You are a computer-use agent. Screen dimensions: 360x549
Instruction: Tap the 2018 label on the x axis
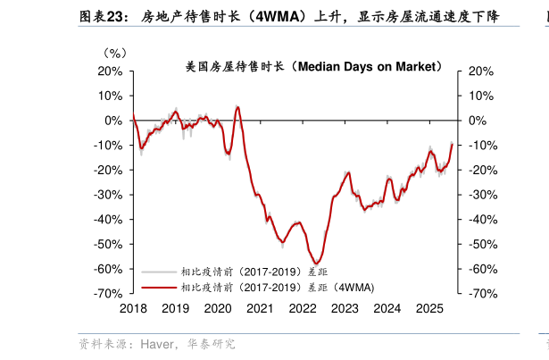(133, 307)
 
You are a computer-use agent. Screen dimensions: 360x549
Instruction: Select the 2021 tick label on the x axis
(260, 307)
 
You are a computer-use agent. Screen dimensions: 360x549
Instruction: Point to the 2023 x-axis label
(345, 307)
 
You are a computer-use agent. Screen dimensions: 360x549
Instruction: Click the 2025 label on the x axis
(429, 307)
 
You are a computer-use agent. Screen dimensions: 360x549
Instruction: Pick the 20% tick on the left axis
(110, 71)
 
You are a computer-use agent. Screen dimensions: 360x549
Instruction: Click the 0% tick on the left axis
(113, 120)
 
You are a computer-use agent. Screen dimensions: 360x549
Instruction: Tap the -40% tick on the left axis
(108, 219)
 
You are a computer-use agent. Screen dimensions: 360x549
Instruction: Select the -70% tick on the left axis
(108, 293)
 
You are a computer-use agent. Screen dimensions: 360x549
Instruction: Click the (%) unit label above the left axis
(116, 53)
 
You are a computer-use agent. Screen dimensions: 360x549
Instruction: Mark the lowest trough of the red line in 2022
(318, 263)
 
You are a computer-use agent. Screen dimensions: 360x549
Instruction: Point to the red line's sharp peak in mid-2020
(237, 107)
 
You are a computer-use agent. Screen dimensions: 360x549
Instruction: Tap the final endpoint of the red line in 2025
(452, 144)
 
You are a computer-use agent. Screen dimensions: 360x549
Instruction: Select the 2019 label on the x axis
(175, 307)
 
